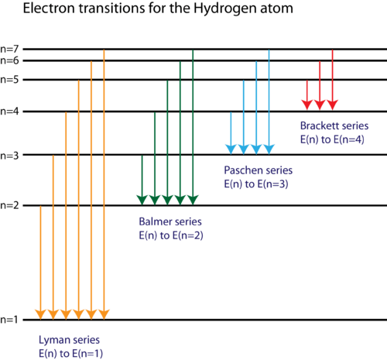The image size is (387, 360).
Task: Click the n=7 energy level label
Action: pos(9,49)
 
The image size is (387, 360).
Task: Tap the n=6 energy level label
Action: pos(9,61)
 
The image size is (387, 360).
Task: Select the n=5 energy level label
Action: pos(9,80)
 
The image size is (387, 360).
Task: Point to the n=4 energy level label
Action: pos(9,111)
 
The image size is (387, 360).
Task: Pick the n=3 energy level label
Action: pos(9,156)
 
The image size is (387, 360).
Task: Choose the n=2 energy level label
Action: pos(9,206)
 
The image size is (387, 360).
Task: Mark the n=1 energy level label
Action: pos(9,320)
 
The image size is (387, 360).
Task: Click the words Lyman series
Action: pos(69,340)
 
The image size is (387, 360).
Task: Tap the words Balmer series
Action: pos(170,221)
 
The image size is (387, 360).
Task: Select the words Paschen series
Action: pos(259,170)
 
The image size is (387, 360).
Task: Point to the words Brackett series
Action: pos(334,125)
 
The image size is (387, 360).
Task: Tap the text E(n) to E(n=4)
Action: pos(332,139)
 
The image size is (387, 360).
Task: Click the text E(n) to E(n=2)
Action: pos(171,235)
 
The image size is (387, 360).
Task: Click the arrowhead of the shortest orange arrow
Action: pos(40,314)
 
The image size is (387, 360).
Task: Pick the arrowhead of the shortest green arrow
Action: pos(142,200)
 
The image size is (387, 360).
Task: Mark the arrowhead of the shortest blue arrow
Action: pos(231,149)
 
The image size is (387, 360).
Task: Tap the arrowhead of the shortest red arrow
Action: pos(307,105)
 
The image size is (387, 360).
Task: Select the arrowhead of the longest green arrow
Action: pos(193,200)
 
